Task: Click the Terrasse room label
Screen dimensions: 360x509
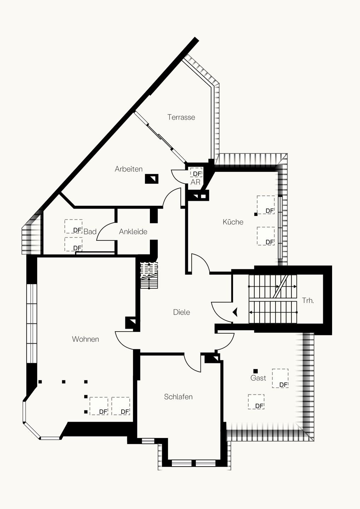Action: pos(181,117)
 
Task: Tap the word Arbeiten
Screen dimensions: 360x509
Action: pos(129,169)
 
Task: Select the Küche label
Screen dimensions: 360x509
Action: pos(233,222)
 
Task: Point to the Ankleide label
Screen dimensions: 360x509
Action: pos(133,232)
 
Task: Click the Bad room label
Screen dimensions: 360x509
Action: pos(90,232)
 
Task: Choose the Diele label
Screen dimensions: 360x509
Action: pos(181,312)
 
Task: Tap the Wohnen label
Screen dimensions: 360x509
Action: pos(86,339)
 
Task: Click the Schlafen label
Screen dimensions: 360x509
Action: pos(178,397)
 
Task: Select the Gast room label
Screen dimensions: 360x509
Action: pos(258,378)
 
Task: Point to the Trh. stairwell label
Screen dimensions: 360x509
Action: pos(308,300)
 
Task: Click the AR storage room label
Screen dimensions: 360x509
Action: pos(196,182)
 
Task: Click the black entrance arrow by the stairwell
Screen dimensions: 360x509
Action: pos(236,312)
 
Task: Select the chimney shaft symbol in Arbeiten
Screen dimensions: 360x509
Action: pos(152,179)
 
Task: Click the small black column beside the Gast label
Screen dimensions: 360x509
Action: pos(256,371)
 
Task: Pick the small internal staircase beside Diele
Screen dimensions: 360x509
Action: pos(149,275)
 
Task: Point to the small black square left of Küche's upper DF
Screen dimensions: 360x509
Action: pos(256,214)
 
